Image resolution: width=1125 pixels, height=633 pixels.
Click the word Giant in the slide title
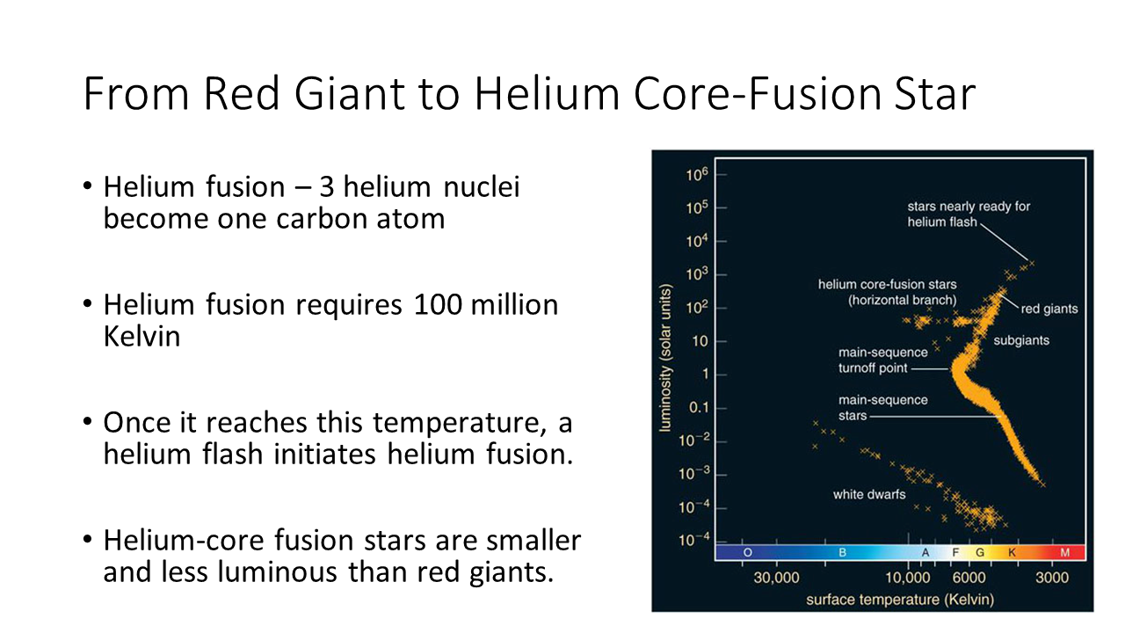pyautogui.click(x=350, y=93)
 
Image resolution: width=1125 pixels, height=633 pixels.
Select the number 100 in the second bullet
pyautogui.click(x=438, y=305)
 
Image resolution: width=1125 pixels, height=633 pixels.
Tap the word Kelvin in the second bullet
pyautogui.click(x=142, y=337)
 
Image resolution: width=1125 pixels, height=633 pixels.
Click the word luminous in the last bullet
pyautogui.click(x=273, y=571)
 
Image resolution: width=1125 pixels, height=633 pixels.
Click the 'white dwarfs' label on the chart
pyautogui.click(x=869, y=494)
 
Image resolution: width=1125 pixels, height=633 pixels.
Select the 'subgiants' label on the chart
pyautogui.click(x=1021, y=340)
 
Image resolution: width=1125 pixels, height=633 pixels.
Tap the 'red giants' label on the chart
pyautogui.click(x=1049, y=309)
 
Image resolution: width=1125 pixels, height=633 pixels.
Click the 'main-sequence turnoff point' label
pyautogui.click(x=883, y=360)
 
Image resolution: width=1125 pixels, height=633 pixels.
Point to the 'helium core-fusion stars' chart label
pyautogui.click(x=888, y=284)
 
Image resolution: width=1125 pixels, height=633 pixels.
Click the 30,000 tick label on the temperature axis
pyautogui.click(x=776, y=578)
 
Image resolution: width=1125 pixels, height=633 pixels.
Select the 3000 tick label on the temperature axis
pyautogui.click(x=1052, y=578)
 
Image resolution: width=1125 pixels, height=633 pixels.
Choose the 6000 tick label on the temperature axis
pyautogui.click(x=969, y=578)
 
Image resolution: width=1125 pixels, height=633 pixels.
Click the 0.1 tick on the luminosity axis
pyautogui.click(x=698, y=407)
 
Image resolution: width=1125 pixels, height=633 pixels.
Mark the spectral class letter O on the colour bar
pyautogui.click(x=747, y=553)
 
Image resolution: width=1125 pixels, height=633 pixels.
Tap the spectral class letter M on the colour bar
pyautogui.click(x=1064, y=553)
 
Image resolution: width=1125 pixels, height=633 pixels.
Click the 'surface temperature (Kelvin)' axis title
pyautogui.click(x=900, y=600)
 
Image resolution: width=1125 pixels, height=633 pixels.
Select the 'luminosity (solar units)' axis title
pyautogui.click(x=665, y=358)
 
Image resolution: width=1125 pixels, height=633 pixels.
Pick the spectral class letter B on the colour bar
pyautogui.click(x=842, y=553)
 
